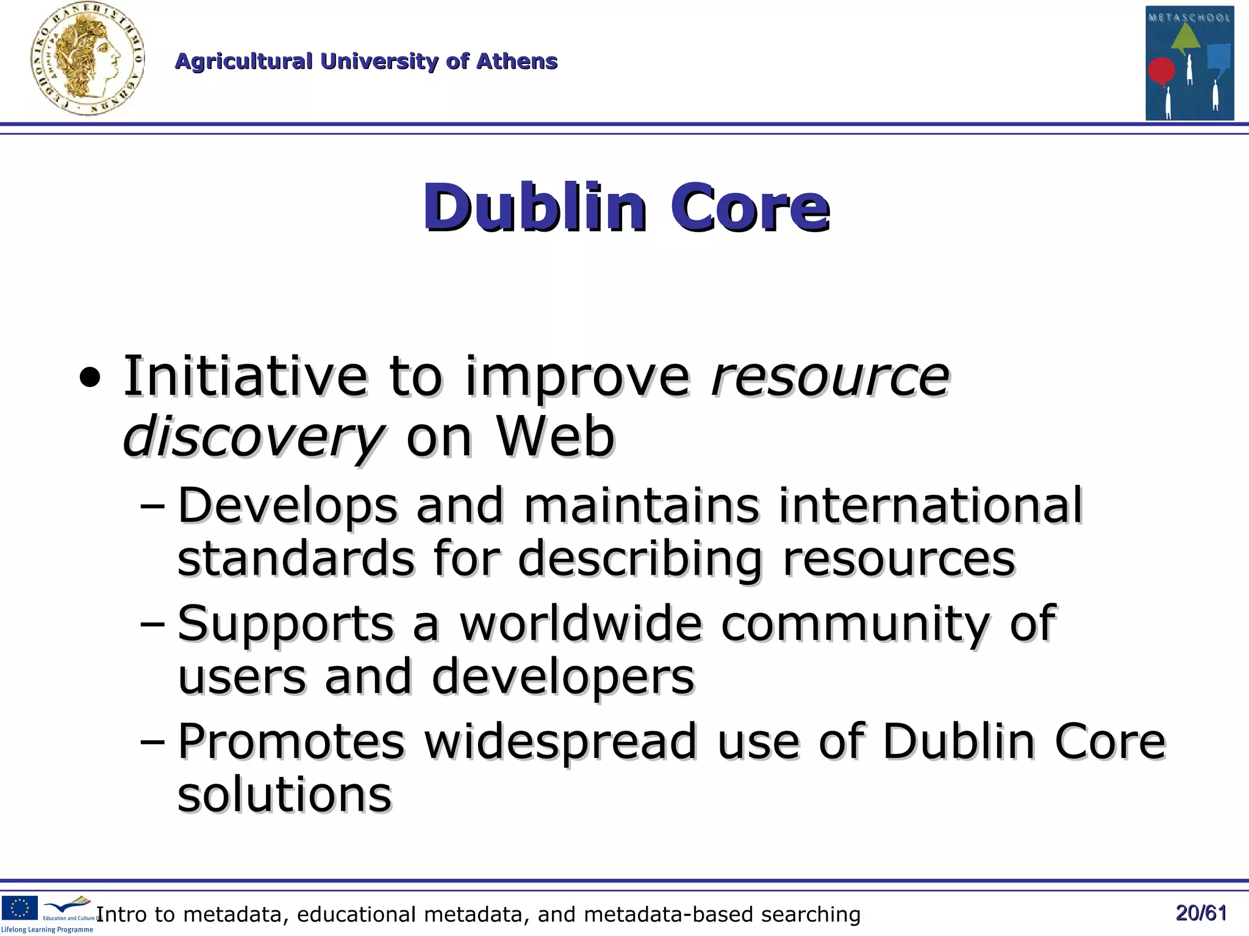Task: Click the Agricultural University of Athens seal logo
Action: coord(87,60)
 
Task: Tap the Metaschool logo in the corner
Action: coord(1189,63)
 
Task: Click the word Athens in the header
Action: coord(517,62)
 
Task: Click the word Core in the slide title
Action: coord(750,207)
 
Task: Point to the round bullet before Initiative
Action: coord(90,379)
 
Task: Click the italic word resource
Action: coord(830,377)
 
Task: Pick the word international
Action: coord(930,505)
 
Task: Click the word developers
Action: coord(563,677)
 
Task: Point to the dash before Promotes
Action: coord(152,742)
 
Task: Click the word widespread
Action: coord(560,742)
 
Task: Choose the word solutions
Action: coord(284,795)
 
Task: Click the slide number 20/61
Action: coord(1201,913)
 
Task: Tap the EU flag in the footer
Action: coord(20,907)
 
